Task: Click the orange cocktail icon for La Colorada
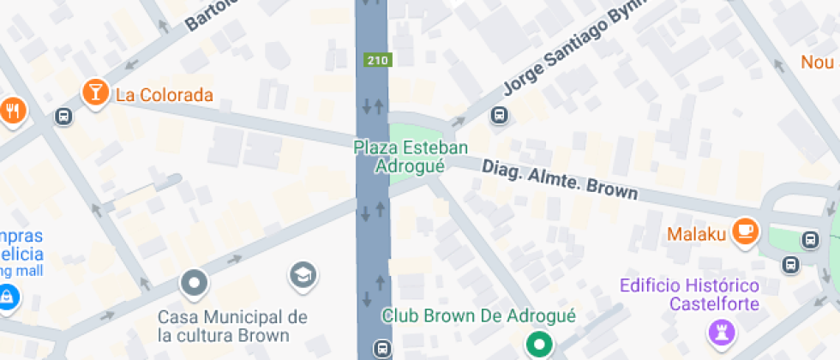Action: tap(94, 93)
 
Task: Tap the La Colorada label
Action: tap(163, 95)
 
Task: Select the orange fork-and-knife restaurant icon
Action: tap(13, 111)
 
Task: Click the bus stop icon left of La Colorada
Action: tap(63, 116)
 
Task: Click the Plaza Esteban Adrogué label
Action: tap(411, 156)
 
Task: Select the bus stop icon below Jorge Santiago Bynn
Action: tap(498, 114)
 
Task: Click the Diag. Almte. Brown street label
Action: tap(559, 179)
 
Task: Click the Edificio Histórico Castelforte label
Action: tap(690, 294)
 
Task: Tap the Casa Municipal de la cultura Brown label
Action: tap(232, 327)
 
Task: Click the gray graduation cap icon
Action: tap(303, 274)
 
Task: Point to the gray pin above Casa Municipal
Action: tap(195, 283)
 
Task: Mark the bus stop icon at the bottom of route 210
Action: tap(381, 348)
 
